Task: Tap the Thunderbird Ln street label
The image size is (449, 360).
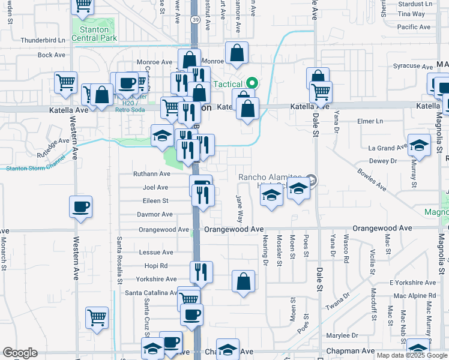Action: (x=43, y=40)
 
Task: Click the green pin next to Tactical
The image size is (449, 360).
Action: (x=253, y=83)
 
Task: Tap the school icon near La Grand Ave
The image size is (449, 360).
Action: (x=419, y=146)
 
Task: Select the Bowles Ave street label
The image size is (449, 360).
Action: (x=373, y=179)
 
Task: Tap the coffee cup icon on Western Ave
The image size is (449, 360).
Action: (x=80, y=208)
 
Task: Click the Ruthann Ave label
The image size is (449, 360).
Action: (x=152, y=174)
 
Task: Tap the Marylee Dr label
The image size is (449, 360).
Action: (x=342, y=335)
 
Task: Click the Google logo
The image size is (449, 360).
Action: (x=20, y=353)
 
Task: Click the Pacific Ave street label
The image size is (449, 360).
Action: (x=414, y=27)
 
